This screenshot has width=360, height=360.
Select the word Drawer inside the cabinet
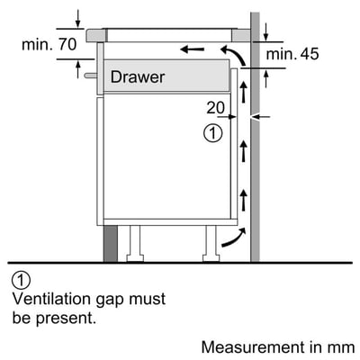pos(138,77)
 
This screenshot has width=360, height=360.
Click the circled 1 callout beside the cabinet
pos(212,133)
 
